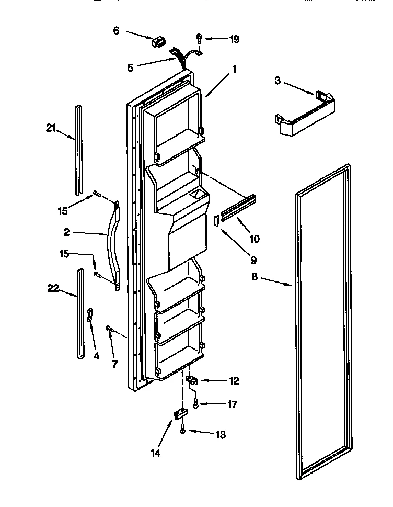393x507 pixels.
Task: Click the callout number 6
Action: coord(116,31)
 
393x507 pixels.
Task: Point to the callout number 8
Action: coord(255,278)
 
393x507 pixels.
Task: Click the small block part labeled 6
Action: coord(157,41)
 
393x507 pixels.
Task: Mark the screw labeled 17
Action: coord(195,403)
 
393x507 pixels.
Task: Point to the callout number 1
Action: coord(234,68)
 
